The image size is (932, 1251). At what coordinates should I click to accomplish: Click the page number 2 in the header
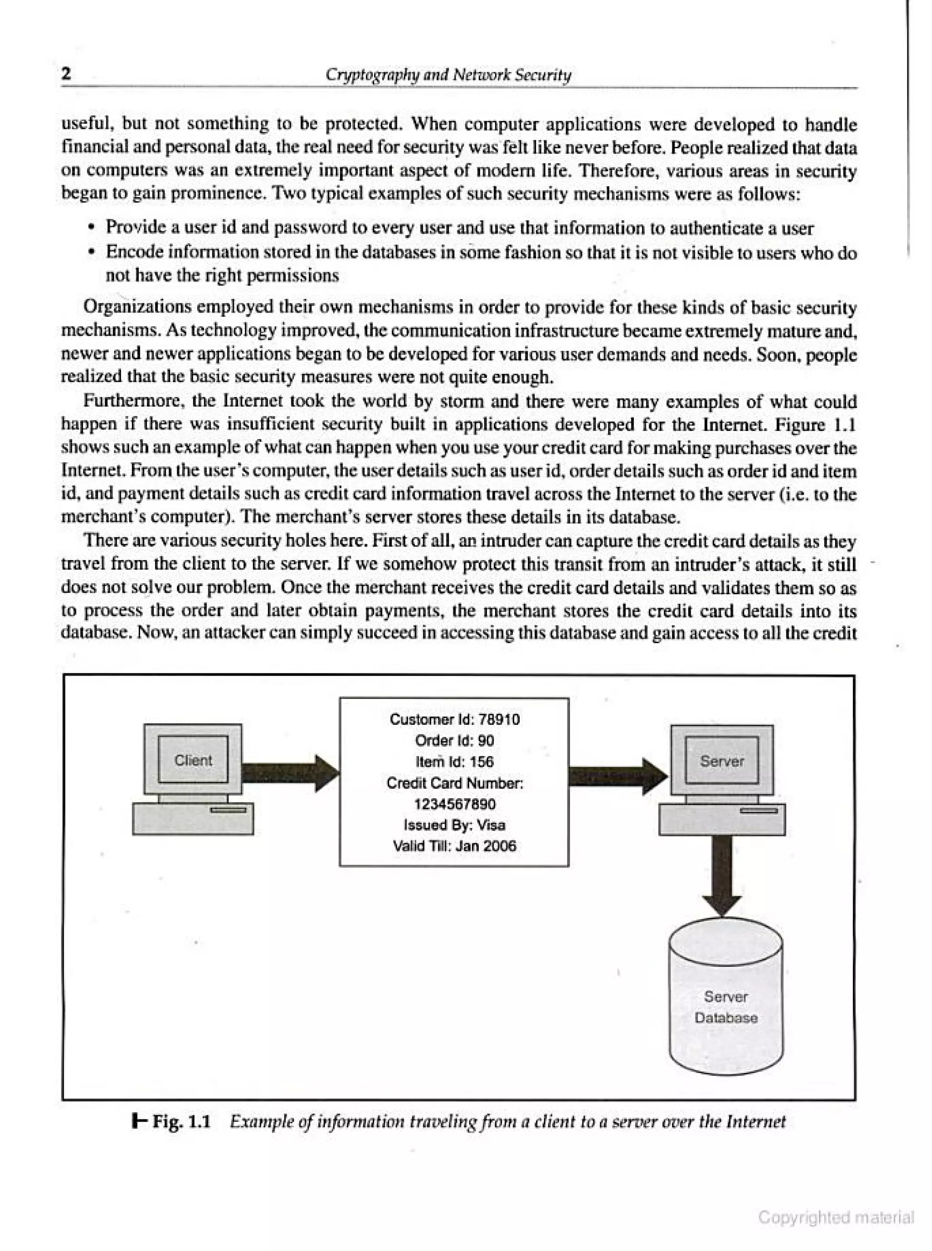point(66,74)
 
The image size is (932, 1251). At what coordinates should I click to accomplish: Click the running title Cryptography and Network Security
point(449,75)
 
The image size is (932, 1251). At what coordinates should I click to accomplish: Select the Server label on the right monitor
point(722,761)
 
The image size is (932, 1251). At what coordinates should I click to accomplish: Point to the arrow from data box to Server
point(618,777)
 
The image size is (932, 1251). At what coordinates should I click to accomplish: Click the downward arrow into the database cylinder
point(723,874)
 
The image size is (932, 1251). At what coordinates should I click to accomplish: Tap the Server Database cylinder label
point(725,1007)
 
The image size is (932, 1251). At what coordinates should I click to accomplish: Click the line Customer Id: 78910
point(454,719)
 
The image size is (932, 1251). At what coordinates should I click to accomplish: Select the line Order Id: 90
point(454,740)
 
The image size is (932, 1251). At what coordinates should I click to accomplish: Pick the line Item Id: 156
point(454,761)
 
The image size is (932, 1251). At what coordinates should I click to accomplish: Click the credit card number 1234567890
point(454,804)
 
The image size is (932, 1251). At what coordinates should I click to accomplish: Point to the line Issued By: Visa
point(454,825)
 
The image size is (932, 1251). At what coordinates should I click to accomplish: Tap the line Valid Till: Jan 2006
point(454,846)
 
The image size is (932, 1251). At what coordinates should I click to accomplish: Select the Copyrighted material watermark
point(836,1217)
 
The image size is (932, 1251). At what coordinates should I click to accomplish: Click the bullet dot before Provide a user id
point(92,228)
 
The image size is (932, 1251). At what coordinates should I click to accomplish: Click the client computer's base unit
point(192,819)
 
